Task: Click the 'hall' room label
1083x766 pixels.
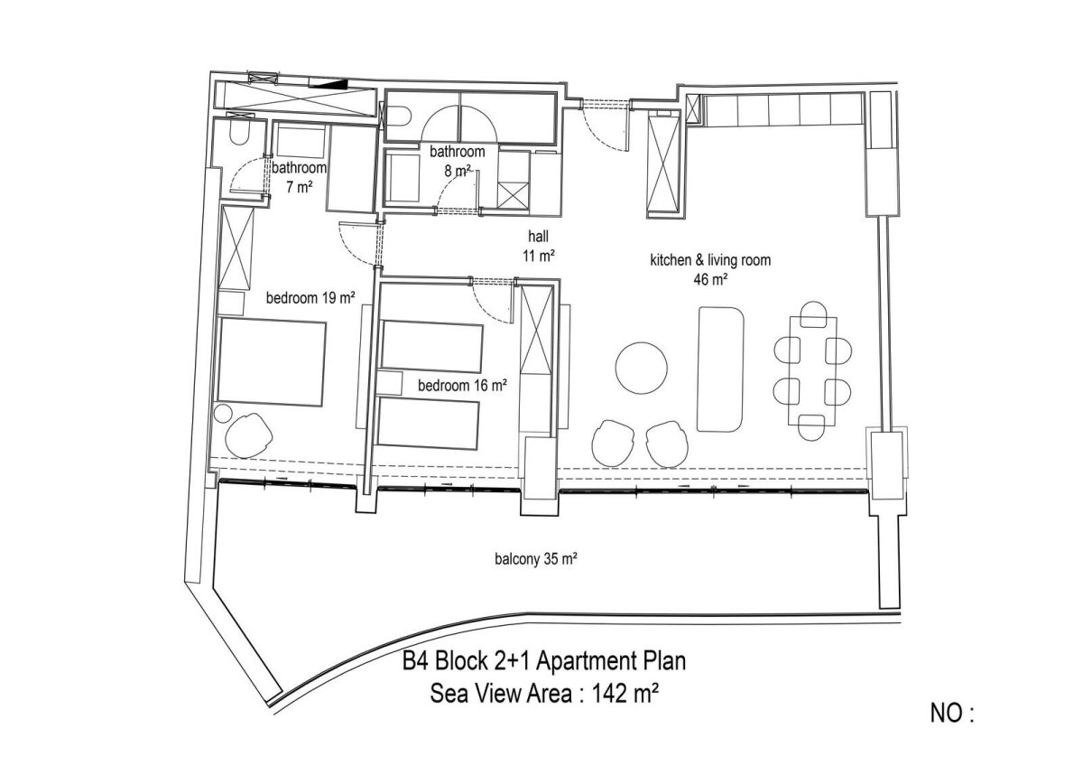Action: click(x=538, y=236)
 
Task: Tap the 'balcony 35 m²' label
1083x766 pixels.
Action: click(x=536, y=559)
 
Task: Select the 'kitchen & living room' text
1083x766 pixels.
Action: click(x=710, y=260)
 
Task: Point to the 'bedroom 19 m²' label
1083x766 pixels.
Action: click(x=310, y=297)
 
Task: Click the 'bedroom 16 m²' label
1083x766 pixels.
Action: click(x=462, y=385)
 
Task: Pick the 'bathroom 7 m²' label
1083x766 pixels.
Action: click(x=299, y=177)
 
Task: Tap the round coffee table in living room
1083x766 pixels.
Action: click(x=641, y=368)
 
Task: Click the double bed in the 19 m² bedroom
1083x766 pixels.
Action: click(x=271, y=362)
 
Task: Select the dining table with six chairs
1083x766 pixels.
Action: click(x=812, y=370)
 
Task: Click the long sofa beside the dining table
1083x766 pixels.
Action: click(x=720, y=369)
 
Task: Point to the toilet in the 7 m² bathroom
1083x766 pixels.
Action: click(x=239, y=134)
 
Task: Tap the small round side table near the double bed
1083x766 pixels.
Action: click(x=224, y=413)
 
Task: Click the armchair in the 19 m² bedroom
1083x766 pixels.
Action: click(x=249, y=435)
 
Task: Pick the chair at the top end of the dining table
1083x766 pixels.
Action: click(x=813, y=313)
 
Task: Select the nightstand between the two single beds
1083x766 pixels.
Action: click(x=390, y=384)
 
